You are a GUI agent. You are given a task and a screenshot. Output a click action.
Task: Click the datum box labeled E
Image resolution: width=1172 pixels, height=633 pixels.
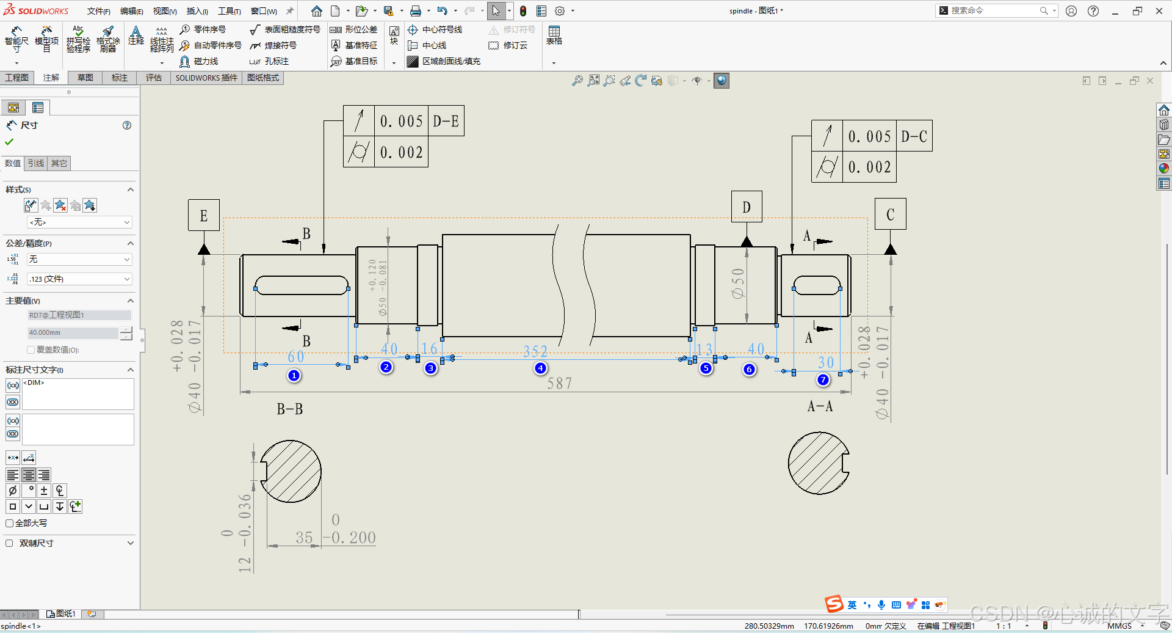tap(204, 215)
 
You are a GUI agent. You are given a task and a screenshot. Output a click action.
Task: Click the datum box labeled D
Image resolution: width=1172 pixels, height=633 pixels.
tap(747, 207)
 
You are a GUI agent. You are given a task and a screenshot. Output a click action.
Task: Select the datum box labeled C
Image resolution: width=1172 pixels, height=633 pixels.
tap(890, 214)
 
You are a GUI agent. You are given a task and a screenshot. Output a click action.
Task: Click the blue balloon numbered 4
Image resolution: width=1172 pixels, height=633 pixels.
tap(540, 368)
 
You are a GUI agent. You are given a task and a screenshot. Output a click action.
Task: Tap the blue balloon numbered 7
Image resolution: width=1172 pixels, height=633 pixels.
tap(823, 379)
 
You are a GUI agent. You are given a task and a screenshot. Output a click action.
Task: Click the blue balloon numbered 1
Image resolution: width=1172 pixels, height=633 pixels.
tap(294, 375)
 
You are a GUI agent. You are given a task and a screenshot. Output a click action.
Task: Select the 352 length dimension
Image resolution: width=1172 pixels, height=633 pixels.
tap(535, 351)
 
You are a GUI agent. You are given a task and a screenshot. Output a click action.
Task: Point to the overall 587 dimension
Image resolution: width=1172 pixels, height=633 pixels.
tap(559, 384)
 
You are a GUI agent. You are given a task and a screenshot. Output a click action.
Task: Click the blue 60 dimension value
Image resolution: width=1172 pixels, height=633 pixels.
tap(296, 356)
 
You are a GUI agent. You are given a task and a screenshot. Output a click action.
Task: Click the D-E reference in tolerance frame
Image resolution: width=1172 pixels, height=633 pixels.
tap(446, 121)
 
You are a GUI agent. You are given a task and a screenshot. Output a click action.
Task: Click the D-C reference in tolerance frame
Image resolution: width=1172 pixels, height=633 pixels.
tap(914, 136)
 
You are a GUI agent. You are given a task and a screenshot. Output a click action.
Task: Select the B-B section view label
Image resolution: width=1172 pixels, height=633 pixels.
tap(290, 409)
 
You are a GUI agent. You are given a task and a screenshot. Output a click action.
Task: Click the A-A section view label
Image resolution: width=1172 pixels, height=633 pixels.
tap(820, 406)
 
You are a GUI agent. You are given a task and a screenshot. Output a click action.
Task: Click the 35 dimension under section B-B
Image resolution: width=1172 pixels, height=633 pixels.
tap(304, 538)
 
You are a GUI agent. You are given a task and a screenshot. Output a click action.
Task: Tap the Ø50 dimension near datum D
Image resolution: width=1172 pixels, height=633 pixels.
tap(738, 284)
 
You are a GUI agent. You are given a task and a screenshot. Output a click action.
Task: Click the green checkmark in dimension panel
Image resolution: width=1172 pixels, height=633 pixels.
tap(9, 142)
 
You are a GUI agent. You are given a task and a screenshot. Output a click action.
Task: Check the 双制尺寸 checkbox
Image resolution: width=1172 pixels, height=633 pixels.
tap(9, 543)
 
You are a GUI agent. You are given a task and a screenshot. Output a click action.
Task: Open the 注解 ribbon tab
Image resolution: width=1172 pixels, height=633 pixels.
tap(51, 78)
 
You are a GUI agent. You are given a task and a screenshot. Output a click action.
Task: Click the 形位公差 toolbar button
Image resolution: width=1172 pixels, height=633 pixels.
tap(354, 29)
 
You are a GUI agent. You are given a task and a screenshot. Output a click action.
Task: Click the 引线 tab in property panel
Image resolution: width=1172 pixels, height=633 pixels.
tap(36, 163)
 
